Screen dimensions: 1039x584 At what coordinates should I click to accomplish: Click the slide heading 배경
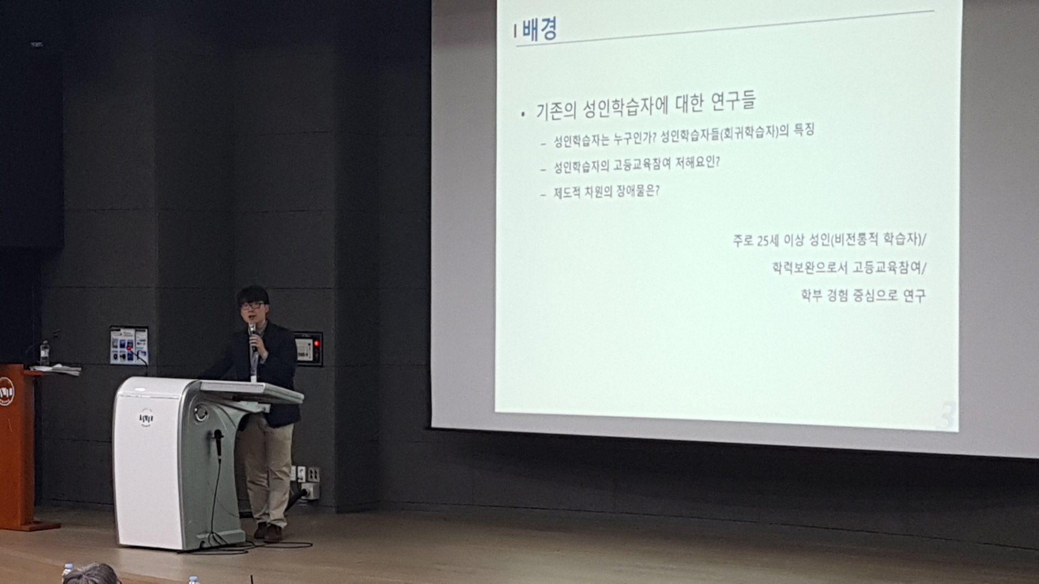coord(540,29)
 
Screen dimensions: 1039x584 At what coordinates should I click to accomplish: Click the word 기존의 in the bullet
coord(556,110)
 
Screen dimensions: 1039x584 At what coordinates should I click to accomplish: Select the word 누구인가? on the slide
coord(635,138)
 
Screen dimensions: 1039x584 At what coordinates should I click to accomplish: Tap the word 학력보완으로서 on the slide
coord(810,268)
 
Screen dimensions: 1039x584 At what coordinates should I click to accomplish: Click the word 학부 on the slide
coord(811,295)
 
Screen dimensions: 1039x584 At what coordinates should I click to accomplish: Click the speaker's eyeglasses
coord(252,306)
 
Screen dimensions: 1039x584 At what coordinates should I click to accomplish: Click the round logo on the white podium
coord(146,418)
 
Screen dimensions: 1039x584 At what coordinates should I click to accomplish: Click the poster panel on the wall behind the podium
coord(129,345)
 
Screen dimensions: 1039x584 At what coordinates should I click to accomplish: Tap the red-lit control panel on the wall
coord(308,349)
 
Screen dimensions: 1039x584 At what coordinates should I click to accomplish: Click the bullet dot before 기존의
coord(523,114)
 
